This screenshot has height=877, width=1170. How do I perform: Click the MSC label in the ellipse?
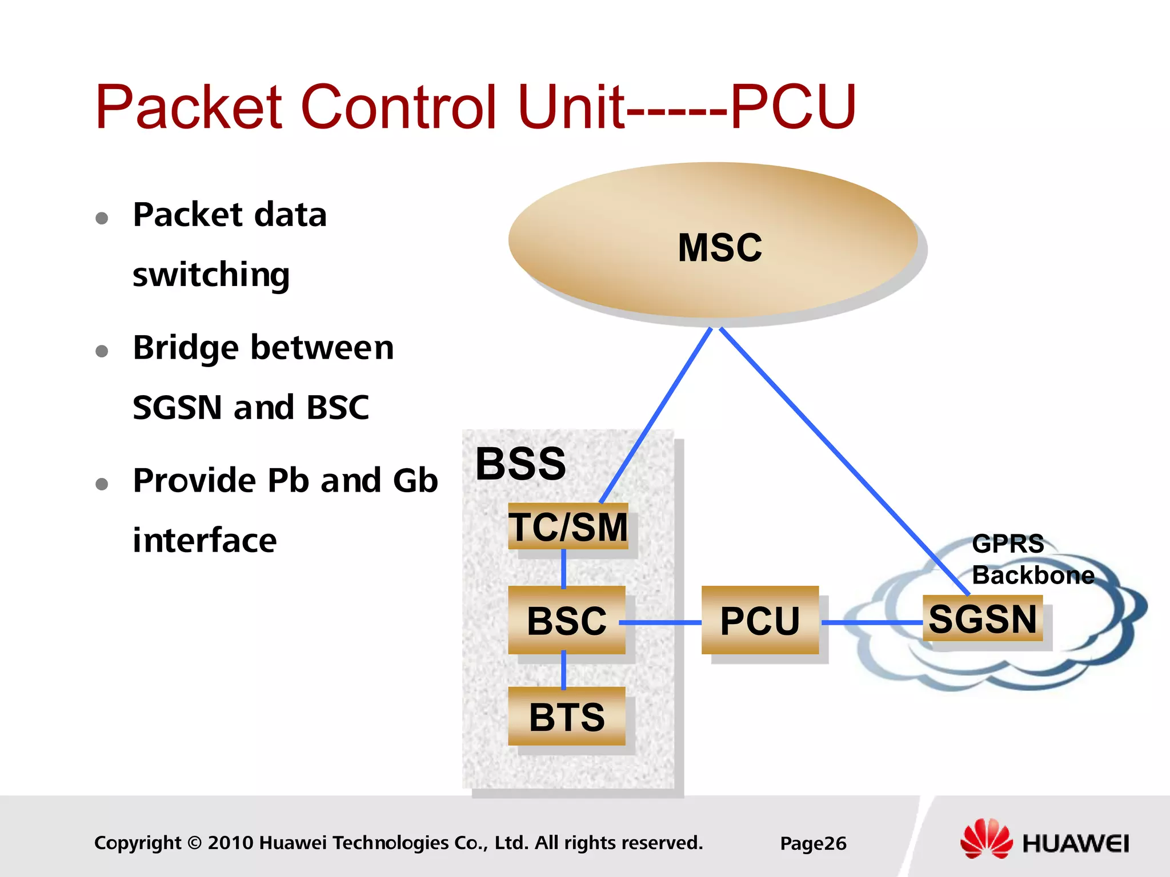(x=719, y=248)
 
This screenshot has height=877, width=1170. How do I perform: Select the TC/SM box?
(x=568, y=526)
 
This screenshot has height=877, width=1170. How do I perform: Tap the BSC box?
(x=567, y=620)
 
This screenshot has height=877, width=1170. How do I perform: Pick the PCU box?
(x=760, y=620)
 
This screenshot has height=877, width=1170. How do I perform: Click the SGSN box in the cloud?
(x=983, y=618)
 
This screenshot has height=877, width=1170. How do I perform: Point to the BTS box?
(x=567, y=717)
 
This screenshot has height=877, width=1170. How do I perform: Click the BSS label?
(x=520, y=464)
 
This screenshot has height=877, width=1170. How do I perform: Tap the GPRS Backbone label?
(x=1032, y=560)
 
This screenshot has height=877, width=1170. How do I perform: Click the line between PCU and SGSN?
(x=871, y=622)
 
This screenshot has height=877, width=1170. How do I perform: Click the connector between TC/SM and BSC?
(x=564, y=568)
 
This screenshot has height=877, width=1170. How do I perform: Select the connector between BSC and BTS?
(x=564, y=670)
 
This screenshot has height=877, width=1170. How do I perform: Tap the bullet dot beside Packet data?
(x=102, y=218)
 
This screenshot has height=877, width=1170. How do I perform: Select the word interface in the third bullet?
(x=205, y=540)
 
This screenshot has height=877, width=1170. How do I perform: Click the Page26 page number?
(x=813, y=843)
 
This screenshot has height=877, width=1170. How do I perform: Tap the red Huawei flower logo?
(x=986, y=838)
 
